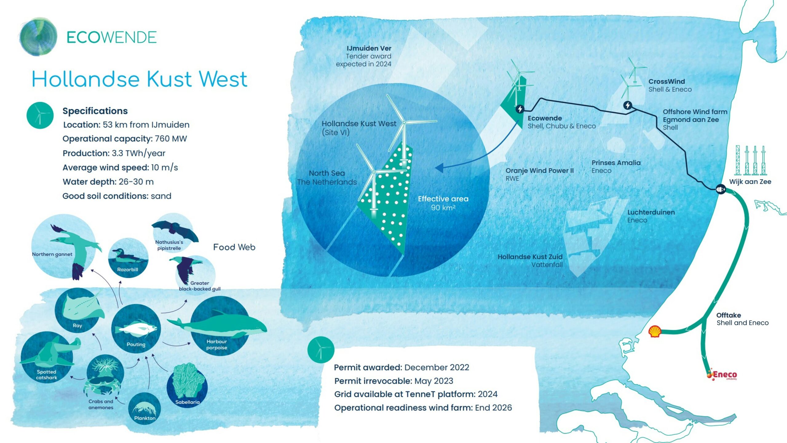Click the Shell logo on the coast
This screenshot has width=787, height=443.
(x=655, y=332)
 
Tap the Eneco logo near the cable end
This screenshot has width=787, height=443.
(x=722, y=375)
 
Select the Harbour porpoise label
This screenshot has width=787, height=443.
(x=217, y=344)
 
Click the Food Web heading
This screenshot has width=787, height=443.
(x=234, y=247)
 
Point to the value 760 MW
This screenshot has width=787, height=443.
(x=171, y=139)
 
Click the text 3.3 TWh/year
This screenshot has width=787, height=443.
(x=138, y=153)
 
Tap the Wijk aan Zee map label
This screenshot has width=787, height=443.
(x=750, y=182)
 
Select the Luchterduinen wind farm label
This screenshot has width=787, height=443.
(x=651, y=212)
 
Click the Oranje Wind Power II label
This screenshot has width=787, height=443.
(x=540, y=171)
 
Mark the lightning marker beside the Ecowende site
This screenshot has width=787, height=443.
(x=520, y=109)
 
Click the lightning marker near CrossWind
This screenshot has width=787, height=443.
(x=628, y=105)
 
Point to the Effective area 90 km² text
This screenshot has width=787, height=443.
(x=443, y=203)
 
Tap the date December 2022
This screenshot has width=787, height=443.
(x=437, y=367)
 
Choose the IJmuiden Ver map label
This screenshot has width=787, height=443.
(x=369, y=49)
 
